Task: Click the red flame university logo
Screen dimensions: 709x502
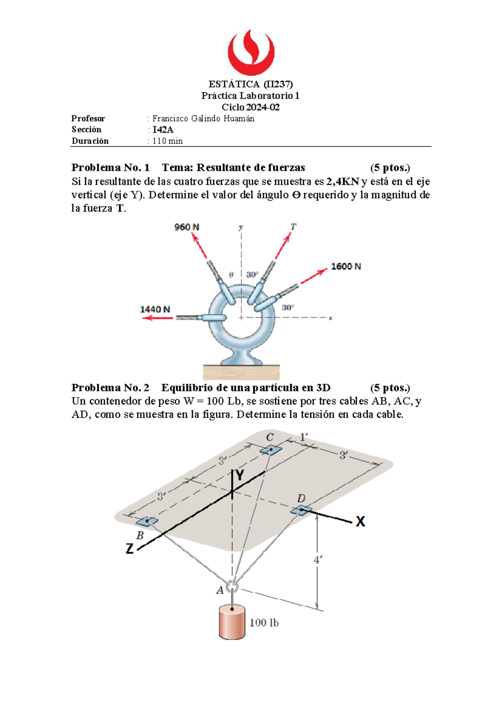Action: (251, 52)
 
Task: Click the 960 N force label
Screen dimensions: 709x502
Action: (187, 227)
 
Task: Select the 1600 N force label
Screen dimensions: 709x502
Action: (346, 266)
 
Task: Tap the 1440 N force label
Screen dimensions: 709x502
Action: (155, 309)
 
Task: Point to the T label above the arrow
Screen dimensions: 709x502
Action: (293, 227)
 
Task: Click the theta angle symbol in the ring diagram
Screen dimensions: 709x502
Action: (231, 275)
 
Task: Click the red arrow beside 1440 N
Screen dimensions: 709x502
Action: (157, 318)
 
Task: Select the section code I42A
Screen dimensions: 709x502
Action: (163, 130)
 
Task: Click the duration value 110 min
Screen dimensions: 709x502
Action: (167, 141)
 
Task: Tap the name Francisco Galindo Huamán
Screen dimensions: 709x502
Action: (203, 118)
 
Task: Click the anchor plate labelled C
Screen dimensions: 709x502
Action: (271, 450)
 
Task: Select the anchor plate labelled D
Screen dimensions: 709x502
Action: (301, 510)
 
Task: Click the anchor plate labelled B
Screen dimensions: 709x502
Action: (147, 521)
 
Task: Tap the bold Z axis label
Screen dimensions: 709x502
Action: (130, 548)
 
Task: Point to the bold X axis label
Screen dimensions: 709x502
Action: (360, 521)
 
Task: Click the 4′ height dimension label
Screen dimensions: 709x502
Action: (318, 560)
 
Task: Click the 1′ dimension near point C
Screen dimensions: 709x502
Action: (304, 437)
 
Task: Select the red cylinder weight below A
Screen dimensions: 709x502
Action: (231, 622)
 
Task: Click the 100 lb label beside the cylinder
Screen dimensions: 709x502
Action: (264, 623)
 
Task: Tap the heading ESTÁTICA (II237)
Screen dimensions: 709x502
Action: (251, 84)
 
